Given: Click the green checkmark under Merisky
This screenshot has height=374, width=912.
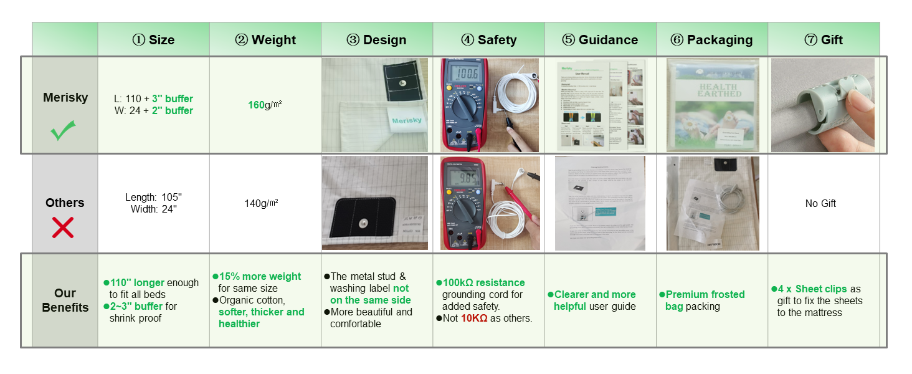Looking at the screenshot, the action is [63, 130].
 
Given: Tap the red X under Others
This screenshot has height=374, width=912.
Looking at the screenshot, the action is [63, 228].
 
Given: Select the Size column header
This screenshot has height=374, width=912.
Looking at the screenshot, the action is [153, 40].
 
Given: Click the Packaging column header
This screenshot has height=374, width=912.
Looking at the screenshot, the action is [712, 40].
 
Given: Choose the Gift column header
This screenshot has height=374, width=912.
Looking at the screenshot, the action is [824, 40].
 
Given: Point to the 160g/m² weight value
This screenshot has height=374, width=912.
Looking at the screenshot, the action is [265, 105].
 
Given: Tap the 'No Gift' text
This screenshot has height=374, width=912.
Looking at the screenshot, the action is [820, 203].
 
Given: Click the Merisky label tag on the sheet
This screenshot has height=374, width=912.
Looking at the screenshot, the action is [406, 120].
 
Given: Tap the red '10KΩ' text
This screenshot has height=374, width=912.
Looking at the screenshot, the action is [474, 318].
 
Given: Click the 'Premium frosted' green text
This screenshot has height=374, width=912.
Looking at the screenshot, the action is [705, 294].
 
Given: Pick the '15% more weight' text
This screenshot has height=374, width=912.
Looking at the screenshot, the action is [259, 276].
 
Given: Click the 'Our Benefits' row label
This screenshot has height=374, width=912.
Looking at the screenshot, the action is [65, 300].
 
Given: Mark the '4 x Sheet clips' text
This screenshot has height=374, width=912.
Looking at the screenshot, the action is [812, 289].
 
